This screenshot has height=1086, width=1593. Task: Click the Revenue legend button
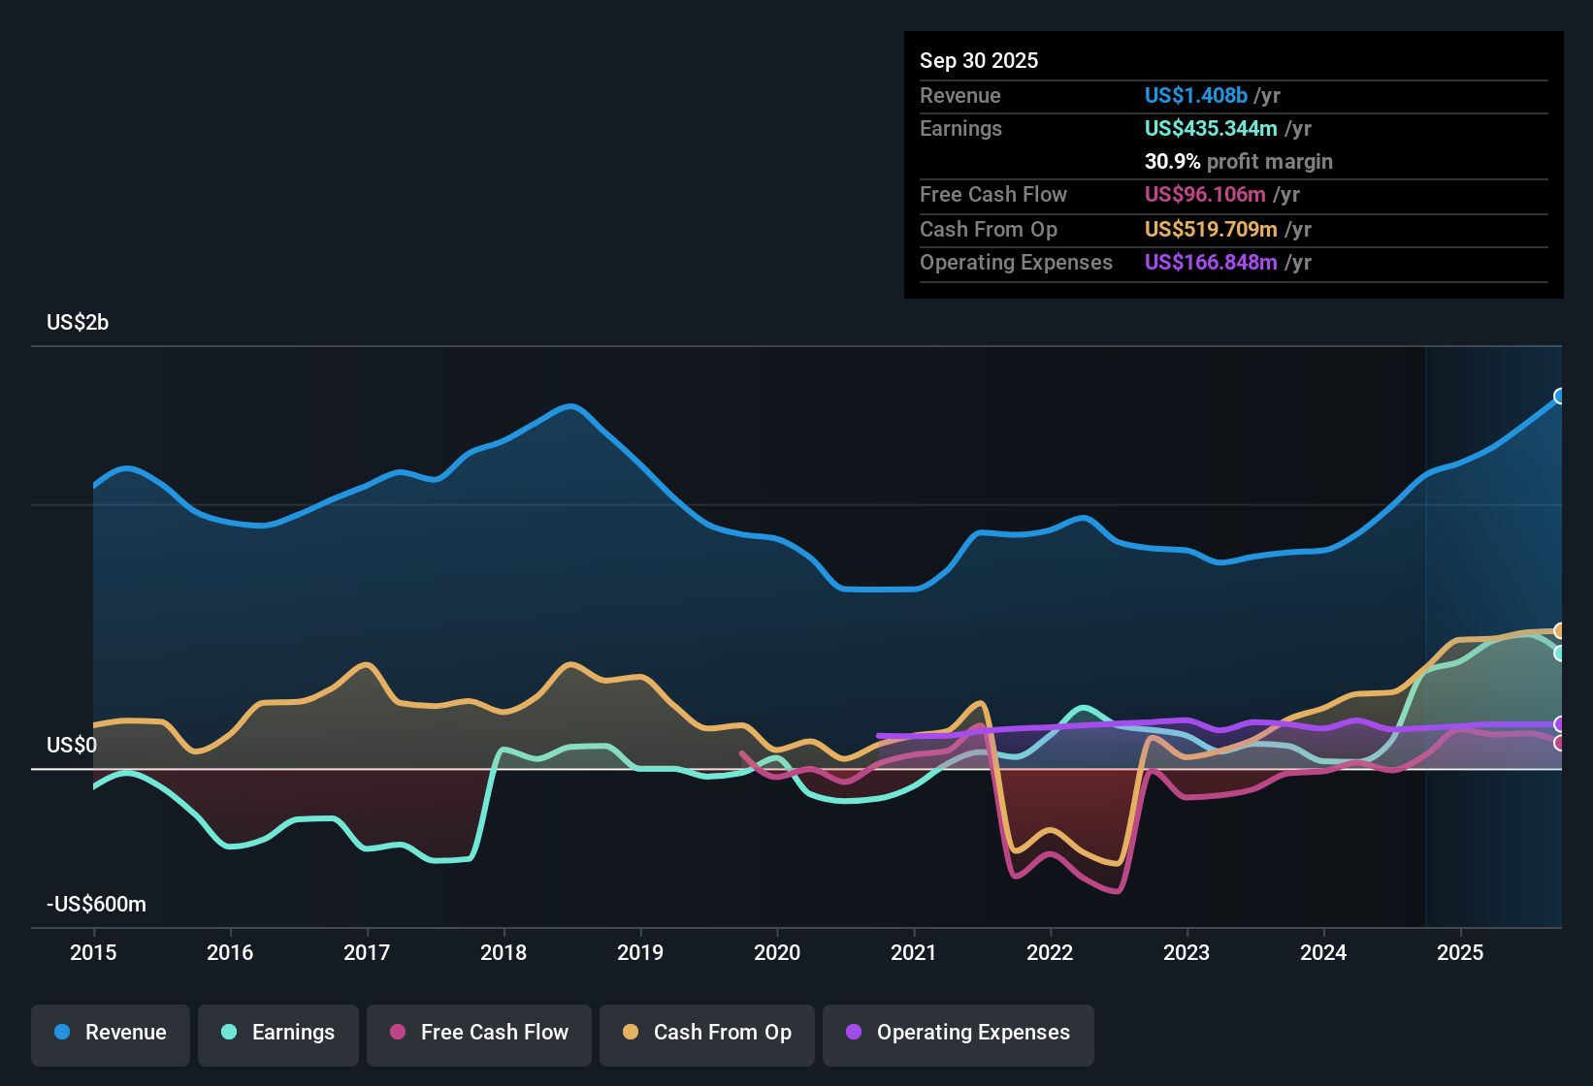[x=111, y=1033]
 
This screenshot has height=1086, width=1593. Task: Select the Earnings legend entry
[x=278, y=1033]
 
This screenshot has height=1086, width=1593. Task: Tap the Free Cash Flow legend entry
[x=479, y=1033]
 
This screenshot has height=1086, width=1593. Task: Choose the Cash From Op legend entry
[x=707, y=1033]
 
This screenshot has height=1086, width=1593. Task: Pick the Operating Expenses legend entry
[x=959, y=1033]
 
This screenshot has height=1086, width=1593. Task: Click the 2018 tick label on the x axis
[x=504, y=952]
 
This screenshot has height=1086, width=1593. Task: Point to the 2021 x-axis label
[x=913, y=952]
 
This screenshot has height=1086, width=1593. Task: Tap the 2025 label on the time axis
[x=1459, y=952]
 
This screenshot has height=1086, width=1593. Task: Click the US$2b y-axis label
[x=78, y=322]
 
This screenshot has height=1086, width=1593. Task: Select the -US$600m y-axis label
[x=96, y=904]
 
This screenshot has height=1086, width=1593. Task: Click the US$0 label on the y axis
[x=72, y=745]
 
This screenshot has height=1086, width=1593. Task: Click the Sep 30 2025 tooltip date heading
[x=978, y=60]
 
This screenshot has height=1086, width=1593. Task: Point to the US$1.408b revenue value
[x=1195, y=95]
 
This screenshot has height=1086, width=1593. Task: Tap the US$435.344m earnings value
[x=1210, y=128]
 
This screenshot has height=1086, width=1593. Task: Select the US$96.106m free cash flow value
[x=1204, y=194]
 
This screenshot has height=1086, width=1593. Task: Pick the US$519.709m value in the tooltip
[x=1210, y=229]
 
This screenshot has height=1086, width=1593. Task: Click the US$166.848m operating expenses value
[x=1210, y=262]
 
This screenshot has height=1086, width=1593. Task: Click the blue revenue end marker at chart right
[x=1560, y=396]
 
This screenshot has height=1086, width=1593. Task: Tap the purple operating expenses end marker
[x=1560, y=724]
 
